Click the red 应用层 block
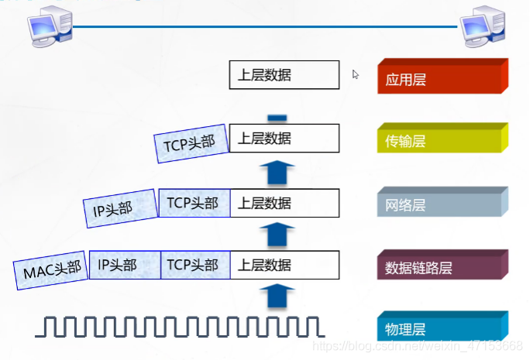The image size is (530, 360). click(x=441, y=78)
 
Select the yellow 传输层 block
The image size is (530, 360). click(x=441, y=140)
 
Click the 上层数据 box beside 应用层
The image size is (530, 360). click(x=284, y=75)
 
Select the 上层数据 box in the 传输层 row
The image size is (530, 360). click(x=284, y=139)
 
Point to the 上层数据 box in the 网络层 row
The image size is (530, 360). click(x=284, y=204)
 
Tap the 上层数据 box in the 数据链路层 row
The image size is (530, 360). click(x=284, y=265)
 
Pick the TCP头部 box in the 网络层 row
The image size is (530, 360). click(x=194, y=204)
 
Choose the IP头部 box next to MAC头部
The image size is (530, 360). click(x=124, y=265)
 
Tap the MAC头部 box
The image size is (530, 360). click(x=51, y=270)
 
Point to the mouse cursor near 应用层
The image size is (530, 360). click(x=356, y=74)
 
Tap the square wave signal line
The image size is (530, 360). click(x=178, y=326)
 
